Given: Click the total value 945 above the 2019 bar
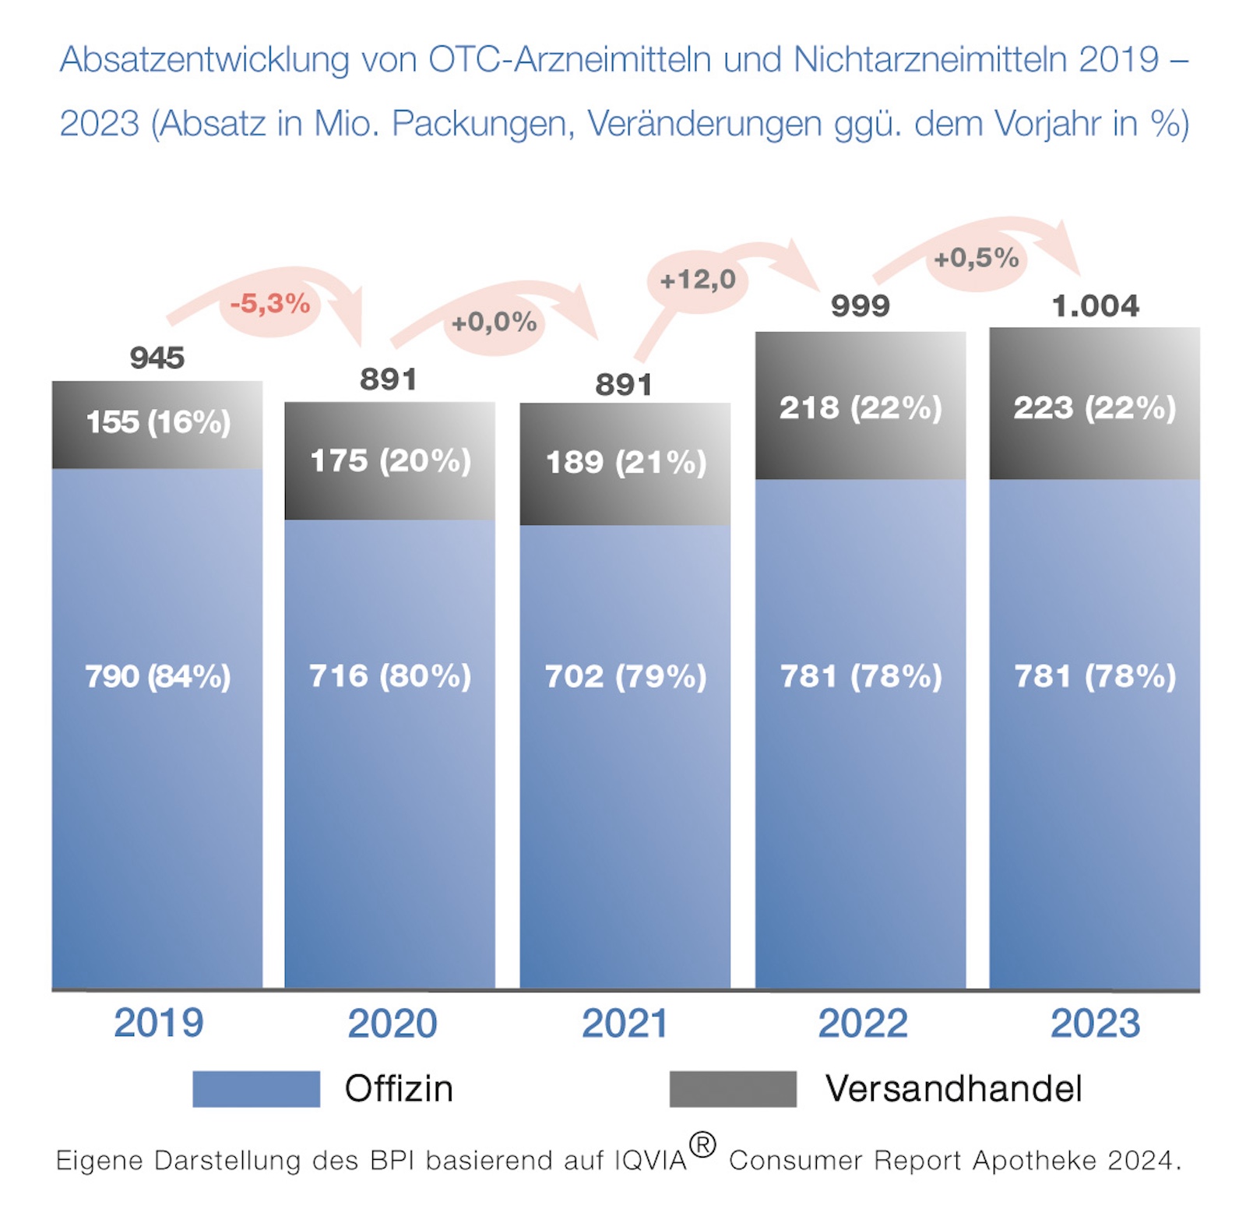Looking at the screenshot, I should pos(157,358).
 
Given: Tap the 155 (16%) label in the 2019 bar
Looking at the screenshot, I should pos(158,422).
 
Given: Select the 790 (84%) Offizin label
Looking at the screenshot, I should pos(157,676).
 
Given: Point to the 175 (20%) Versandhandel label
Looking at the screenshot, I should pos(390,461).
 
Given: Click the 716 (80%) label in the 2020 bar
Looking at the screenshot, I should pos(390,676).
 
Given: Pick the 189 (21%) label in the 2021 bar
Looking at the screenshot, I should pos(625,463).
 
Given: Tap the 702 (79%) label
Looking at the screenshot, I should pos(625,676).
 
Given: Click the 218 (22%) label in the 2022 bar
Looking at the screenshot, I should pos(861,408).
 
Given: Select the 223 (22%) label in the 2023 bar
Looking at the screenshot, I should pos(1094,408).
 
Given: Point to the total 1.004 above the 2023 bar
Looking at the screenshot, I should pos(1095,306).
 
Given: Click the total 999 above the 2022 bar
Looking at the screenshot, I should pos(860,306).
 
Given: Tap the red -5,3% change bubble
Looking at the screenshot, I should pos(270,304).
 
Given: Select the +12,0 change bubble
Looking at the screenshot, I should pos(698,280).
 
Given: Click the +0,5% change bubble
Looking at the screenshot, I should pos(977,258).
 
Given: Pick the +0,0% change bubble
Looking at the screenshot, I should pos(494,323).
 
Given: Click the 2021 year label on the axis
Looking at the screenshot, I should pos(625,1024).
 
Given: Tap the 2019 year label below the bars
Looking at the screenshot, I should pos(158,1024).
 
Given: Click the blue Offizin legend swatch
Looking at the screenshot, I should pos(256,1089).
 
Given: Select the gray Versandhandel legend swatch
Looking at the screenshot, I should pos(733,1089).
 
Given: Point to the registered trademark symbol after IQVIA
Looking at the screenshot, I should pos(702,1145).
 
